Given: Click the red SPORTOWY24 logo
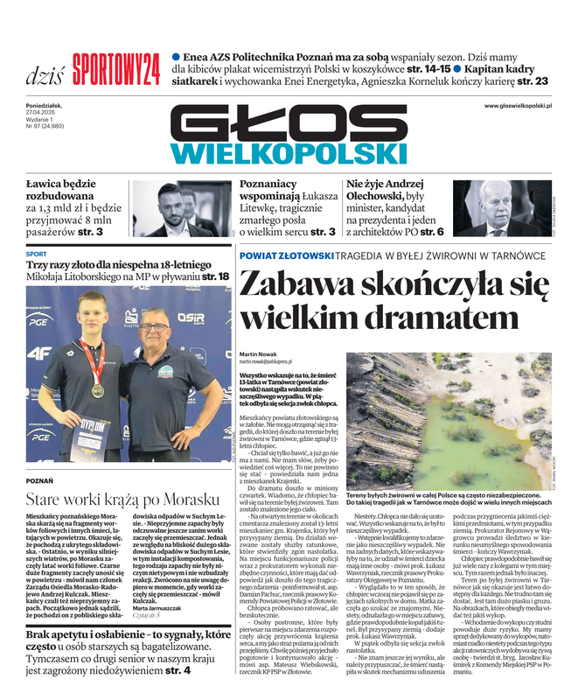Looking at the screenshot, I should (115, 66).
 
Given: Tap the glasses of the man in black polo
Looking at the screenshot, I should (155, 327).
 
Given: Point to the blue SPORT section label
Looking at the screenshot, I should (37, 254).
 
